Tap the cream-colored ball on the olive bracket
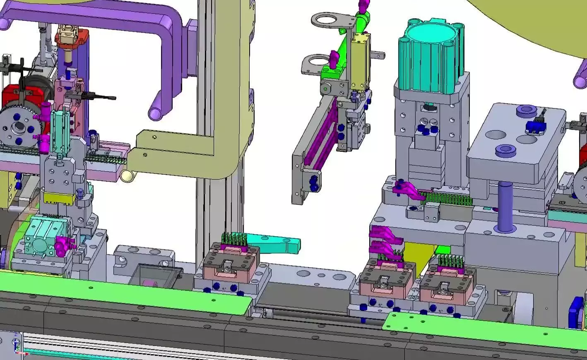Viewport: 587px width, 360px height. (x=128, y=176)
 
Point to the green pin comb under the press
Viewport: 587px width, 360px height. (x=447, y=199)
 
